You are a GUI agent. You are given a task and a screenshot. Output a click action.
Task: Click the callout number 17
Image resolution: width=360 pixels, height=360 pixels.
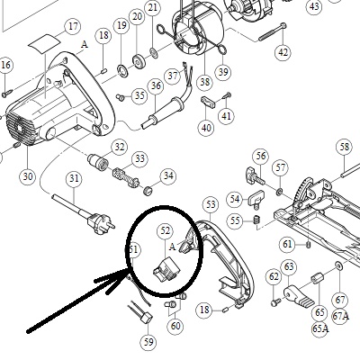point(73,26)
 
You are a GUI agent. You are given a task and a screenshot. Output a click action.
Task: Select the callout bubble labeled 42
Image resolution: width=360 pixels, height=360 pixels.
point(283,52)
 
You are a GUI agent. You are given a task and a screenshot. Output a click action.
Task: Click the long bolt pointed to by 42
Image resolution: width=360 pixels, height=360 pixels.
point(273,31)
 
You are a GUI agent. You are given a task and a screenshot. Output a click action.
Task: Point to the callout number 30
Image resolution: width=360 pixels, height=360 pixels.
point(27,176)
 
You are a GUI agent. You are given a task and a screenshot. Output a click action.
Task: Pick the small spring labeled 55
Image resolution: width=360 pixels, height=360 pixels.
point(256,220)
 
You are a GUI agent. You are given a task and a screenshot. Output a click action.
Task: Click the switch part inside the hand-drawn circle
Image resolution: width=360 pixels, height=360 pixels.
point(166,270)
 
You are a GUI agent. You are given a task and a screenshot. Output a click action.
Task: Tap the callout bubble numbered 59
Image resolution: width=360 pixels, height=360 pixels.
point(148,342)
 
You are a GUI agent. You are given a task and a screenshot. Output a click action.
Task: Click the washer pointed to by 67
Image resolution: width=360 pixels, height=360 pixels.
point(339,265)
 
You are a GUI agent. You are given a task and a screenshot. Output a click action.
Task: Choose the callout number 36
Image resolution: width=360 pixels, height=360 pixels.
point(156,85)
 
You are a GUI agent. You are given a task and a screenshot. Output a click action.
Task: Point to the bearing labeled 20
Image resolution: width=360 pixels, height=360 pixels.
point(139,62)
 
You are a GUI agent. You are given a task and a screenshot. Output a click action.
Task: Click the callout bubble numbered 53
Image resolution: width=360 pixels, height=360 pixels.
point(211,205)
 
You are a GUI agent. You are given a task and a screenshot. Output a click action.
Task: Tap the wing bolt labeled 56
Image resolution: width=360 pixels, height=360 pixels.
point(256,176)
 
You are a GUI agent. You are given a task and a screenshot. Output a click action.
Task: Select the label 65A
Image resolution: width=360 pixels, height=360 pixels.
point(320,328)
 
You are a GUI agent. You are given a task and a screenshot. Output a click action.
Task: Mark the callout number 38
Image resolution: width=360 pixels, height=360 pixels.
point(205,82)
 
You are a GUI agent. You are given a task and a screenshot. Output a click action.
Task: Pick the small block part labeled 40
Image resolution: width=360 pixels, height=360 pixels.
point(208,102)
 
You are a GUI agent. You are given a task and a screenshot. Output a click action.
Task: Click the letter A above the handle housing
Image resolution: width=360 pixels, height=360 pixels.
point(85,45)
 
